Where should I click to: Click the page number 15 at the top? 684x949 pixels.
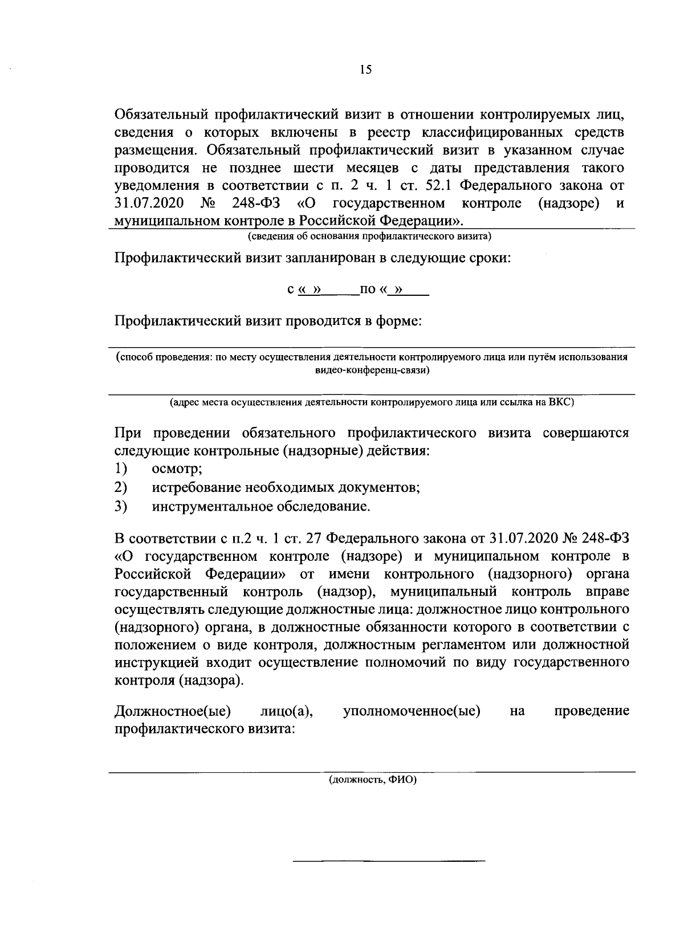pyautogui.click(x=365, y=70)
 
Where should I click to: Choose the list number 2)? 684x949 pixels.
pyautogui.click(x=120, y=488)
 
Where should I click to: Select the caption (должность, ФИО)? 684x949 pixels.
pyautogui.click(x=372, y=781)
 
